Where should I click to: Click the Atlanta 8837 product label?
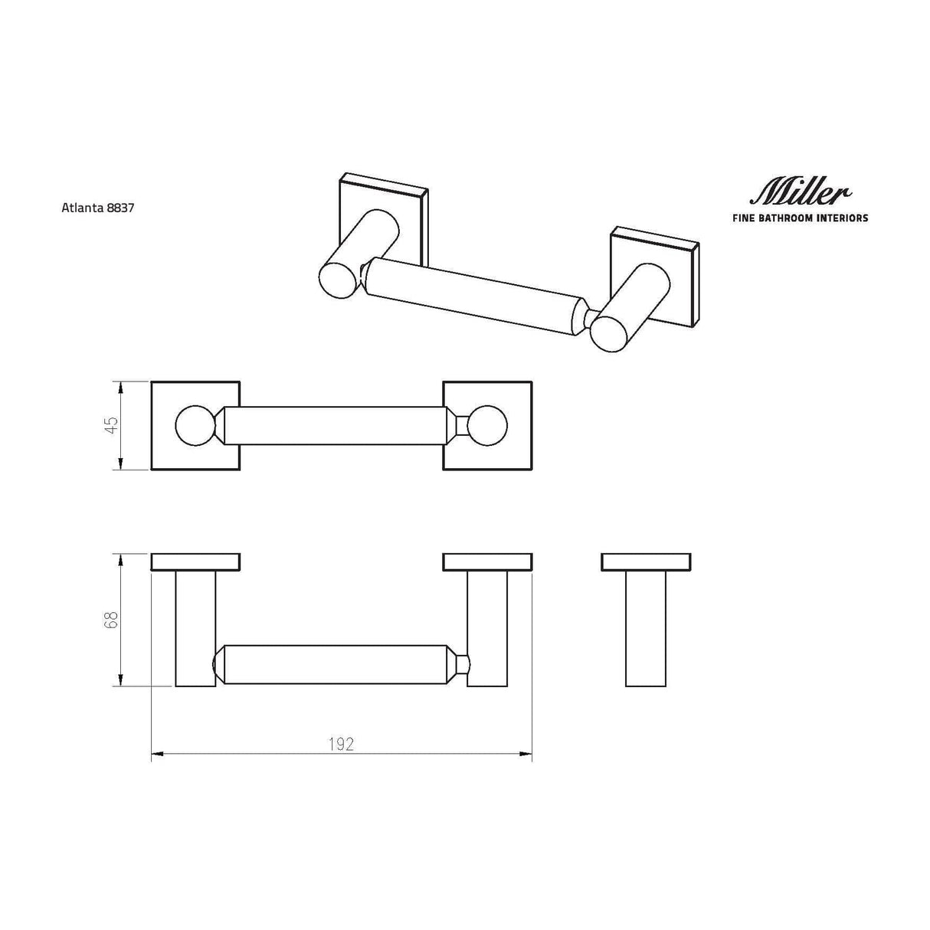[97, 207]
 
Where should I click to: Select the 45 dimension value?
[112, 426]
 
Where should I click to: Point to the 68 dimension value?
[112, 620]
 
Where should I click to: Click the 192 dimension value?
[341, 744]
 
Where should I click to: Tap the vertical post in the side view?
[645, 628]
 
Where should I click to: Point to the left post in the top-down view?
[195, 628]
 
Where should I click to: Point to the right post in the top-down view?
[487, 628]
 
